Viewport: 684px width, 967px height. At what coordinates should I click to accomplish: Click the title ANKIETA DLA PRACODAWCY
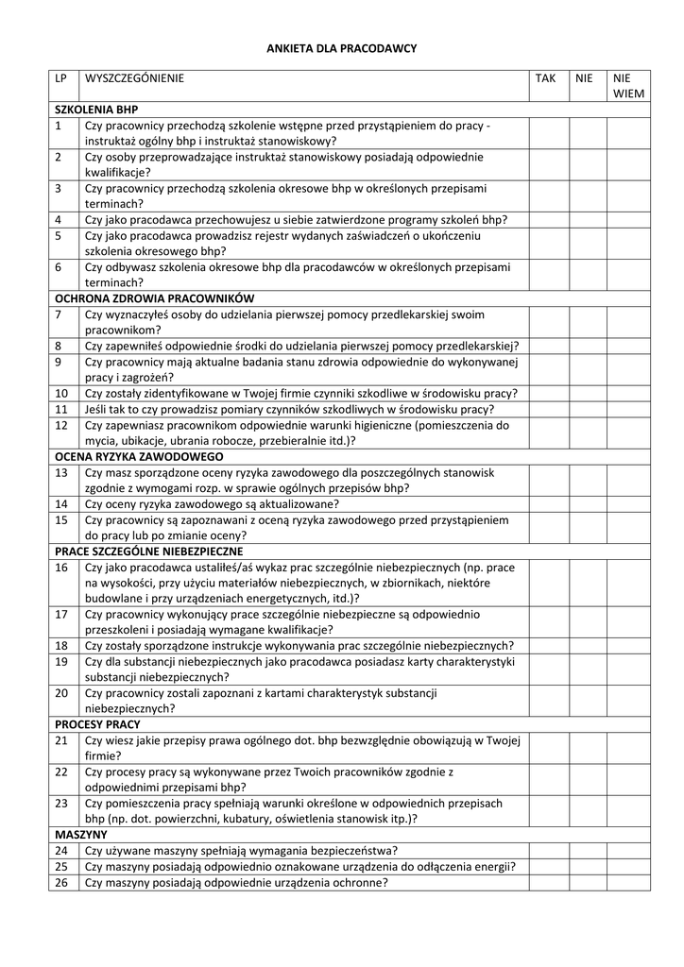pyautogui.click(x=341, y=47)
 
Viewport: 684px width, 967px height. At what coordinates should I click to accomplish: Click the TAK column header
pyautogui.click(x=546, y=78)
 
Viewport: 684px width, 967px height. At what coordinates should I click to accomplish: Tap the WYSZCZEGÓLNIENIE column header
pyautogui.click(x=134, y=78)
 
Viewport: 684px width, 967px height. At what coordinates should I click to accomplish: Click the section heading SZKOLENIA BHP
pyautogui.click(x=96, y=110)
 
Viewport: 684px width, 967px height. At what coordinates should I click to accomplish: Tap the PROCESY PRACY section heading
pyautogui.click(x=97, y=724)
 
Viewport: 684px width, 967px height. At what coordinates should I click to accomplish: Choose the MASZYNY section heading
pyautogui.click(x=80, y=835)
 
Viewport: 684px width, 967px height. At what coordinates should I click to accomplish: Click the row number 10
pyautogui.click(x=61, y=393)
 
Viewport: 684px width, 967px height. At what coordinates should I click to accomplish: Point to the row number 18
pyautogui.click(x=61, y=646)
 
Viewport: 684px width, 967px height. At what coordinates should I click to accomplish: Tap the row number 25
pyautogui.click(x=61, y=867)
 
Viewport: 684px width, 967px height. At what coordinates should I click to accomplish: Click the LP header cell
pyautogui.click(x=61, y=78)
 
